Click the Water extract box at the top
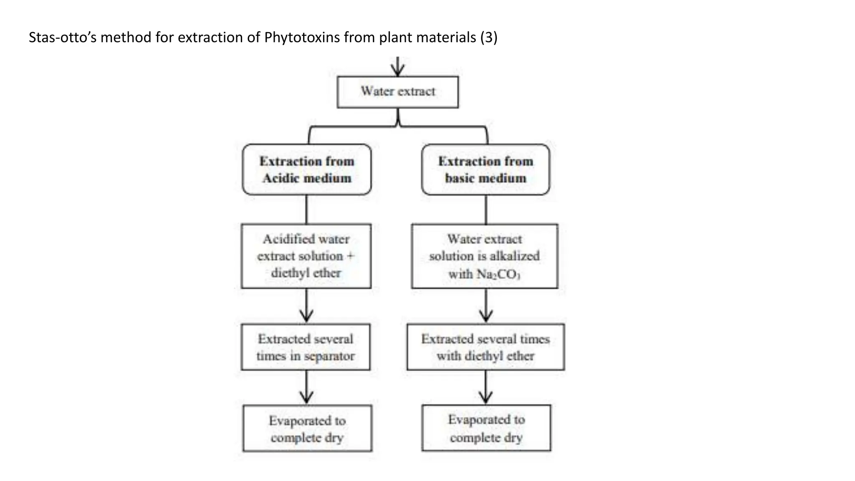click(397, 92)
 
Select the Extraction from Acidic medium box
click(306, 170)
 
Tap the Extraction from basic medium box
click(486, 170)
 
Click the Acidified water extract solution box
click(306, 256)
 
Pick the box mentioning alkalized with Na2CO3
click(484, 256)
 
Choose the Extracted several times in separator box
click(306, 347)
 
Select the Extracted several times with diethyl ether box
click(486, 347)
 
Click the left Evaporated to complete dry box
click(307, 428)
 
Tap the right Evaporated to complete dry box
click(486, 428)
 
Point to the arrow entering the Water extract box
click(398, 66)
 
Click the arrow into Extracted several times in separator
click(306, 306)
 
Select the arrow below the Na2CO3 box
click(486, 306)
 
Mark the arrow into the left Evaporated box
click(306, 387)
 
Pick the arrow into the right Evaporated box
click(486, 387)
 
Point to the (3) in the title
click(489, 38)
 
